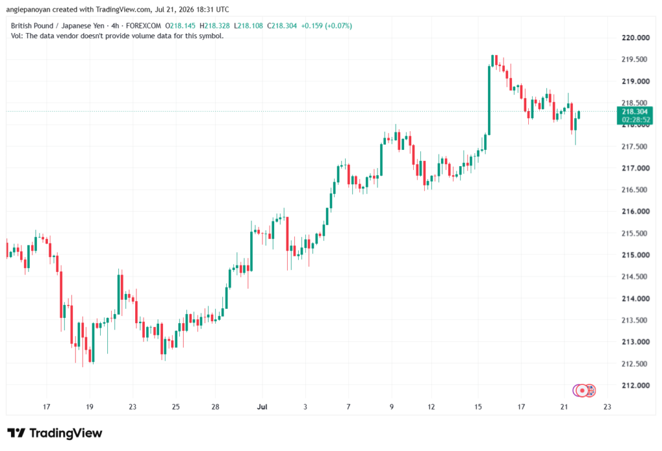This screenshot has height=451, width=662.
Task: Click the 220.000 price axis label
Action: coord(635,37)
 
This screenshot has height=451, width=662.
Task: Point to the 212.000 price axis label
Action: coord(635,385)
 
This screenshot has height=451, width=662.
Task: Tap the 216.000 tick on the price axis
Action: coord(635,211)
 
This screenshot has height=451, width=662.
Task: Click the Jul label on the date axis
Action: coord(262,407)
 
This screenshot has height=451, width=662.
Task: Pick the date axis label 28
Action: coord(215,407)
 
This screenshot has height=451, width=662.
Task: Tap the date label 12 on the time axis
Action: coord(431,407)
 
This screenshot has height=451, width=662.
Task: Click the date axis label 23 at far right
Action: coord(607,407)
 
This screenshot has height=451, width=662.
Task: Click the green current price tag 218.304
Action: coord(635,112)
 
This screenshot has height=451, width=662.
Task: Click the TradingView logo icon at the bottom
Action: coord(16,433)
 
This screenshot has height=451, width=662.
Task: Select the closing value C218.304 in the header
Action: coord(282,26)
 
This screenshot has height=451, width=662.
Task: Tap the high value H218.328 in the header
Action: coord(215,26)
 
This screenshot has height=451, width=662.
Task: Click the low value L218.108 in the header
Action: coord(248,26)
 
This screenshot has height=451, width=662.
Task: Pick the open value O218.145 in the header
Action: coord(180,26)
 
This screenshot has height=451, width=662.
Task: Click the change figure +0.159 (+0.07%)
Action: coord(326,26)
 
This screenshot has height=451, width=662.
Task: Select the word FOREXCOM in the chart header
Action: coord(144,26)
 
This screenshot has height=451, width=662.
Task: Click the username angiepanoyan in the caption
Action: coord(28,9)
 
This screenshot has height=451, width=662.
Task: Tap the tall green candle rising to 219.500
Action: coord(489,100)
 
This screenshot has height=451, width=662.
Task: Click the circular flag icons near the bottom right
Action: coord(584,391)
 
